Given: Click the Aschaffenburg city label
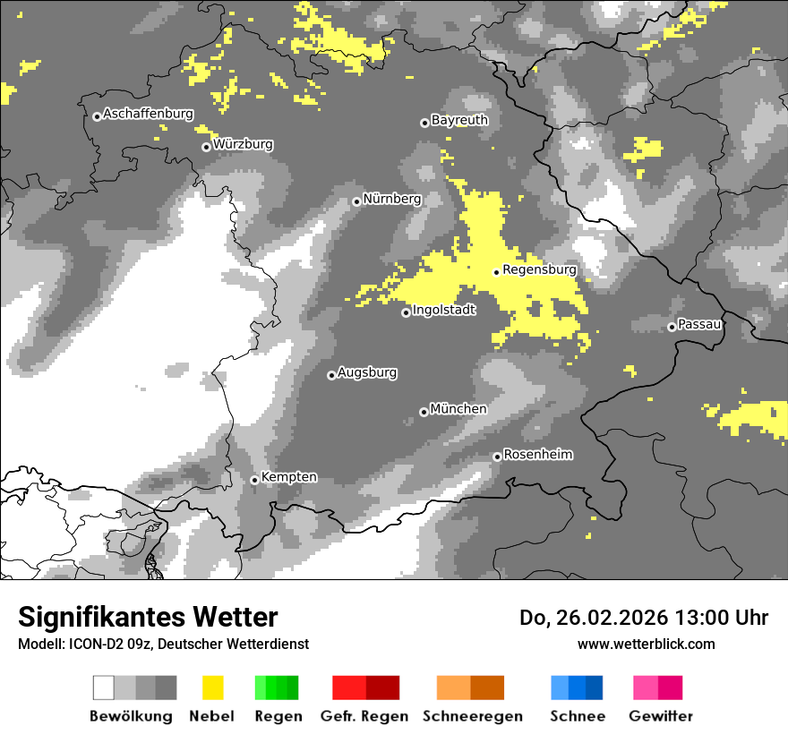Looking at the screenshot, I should pos(149,115).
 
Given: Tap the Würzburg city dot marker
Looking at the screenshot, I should pos(206,147).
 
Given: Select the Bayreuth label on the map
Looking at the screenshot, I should pos(459,120).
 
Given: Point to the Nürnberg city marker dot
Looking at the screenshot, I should pos(356,201).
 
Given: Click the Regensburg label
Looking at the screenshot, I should pos(539,269).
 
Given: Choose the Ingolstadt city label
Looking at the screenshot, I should pos(444,311).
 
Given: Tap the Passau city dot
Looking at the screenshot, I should pos(672,327).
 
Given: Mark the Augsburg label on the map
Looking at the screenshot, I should pos(367,372).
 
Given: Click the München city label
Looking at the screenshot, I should pos(458,409).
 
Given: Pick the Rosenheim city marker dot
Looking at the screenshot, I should pos(497,457).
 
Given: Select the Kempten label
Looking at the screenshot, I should pos(289,477).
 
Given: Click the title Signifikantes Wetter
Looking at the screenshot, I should pos(148,618).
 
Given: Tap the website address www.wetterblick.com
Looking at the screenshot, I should pos(646,644).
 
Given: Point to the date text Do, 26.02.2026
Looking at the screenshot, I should pos(597,618).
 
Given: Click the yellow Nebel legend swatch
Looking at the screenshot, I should pos(212,687).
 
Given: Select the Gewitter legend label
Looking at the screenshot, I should pos(660,716).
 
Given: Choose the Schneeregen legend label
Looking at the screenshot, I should pos(472,716).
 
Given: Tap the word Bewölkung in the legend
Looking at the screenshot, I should pos(131,716).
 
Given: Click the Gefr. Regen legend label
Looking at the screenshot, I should pos(364,716).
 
